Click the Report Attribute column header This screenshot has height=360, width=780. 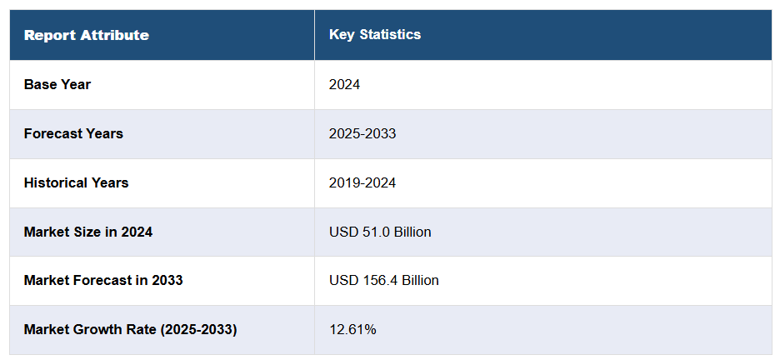[87, 35]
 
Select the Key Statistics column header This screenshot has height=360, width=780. [375, 34]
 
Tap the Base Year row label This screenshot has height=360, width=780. [57, 84]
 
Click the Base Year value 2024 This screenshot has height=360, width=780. [345, 84]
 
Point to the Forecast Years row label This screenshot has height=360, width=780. [73, 133]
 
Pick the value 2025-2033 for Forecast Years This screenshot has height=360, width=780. [362, 133]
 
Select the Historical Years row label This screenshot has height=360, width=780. [76, 182]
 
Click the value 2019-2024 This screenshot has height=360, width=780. [362, 182]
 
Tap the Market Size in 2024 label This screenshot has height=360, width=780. [88, 232]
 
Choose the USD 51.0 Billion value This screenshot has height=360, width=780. [380, 232]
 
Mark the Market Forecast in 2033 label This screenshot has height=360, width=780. [103, 280]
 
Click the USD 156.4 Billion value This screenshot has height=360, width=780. [384, 280]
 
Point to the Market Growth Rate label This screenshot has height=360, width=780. [130, 329]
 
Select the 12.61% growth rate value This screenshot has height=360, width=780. [352, 329]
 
